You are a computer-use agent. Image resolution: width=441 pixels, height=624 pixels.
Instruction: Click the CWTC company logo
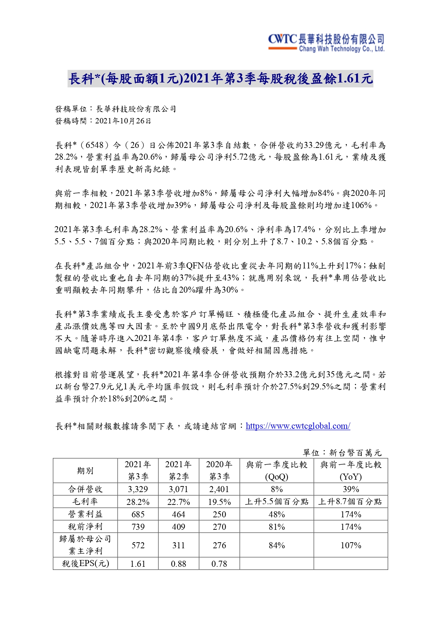(326, 43)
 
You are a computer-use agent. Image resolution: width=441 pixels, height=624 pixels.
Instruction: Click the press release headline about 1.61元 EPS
(220, 79)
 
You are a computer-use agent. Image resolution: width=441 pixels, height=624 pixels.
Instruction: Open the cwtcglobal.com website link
(298, 426)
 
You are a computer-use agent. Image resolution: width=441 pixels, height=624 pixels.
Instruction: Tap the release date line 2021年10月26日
(103, 121)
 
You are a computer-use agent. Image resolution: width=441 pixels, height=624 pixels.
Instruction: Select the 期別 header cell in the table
(85, 471)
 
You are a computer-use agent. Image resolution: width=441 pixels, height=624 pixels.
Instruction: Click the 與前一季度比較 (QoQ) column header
(276, 471)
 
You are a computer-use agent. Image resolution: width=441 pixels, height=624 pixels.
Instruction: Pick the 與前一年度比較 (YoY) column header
(351, 471)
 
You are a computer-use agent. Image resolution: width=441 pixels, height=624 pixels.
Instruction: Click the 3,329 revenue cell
(138, 489)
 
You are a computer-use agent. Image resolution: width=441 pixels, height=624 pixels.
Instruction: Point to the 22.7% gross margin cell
(178, 502)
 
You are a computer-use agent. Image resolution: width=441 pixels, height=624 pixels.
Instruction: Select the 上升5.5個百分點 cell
(276, 502)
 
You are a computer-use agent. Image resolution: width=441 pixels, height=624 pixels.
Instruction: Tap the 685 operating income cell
(138, 514)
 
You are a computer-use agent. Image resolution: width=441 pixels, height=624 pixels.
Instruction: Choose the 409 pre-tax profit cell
(178, 527)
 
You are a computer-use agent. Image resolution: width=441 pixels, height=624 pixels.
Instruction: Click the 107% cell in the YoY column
(351, 545)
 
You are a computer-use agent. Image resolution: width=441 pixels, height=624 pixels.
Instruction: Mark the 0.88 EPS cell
(178, 564)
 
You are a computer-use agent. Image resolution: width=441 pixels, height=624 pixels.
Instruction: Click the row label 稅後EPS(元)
(85, 564)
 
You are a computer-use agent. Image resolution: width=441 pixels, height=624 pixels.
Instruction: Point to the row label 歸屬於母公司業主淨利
(85, 545)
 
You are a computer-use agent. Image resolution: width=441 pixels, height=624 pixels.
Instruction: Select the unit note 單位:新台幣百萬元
(342, 453)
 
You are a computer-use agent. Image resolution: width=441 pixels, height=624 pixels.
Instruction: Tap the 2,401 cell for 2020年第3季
(219, 489)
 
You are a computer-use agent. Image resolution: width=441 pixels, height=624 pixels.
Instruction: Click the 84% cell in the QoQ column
(276, 545)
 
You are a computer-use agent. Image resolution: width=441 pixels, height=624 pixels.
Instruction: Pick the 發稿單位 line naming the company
(115, 109)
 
